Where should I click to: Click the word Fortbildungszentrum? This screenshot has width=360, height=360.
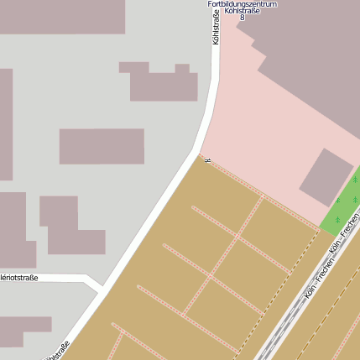click(x=243, y=4)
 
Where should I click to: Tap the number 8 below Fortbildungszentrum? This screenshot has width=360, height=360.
click(x=243, y=17)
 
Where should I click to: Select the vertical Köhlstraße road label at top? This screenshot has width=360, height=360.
click(x=216, y=27)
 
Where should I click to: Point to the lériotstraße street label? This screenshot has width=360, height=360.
click(x=19, y=277)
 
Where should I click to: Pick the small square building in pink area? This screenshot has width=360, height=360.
click(x=326, y=176)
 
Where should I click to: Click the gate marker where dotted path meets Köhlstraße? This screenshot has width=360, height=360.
click(x=206, y=159)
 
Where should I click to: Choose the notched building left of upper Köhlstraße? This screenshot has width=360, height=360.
click(x=161, y=82)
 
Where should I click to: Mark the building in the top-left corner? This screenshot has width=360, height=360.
click(x=62, y=16)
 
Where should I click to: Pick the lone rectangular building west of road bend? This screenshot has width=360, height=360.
click(x=102, y=146)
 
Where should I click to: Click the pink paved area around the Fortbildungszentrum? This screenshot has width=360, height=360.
click(x=252, y=126)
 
